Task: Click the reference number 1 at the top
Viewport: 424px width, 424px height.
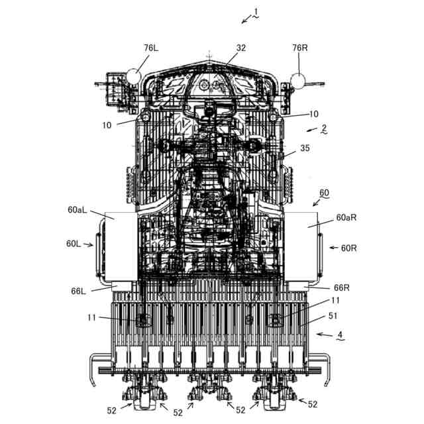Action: (256, 11)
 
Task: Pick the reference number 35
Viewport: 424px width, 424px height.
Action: (305, 148)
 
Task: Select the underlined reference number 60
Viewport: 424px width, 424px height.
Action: (324, 193)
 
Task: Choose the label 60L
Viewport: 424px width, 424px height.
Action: (74, 243)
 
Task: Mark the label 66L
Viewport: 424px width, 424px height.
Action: (79, 291)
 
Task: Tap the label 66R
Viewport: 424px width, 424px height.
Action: (341, 288)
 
